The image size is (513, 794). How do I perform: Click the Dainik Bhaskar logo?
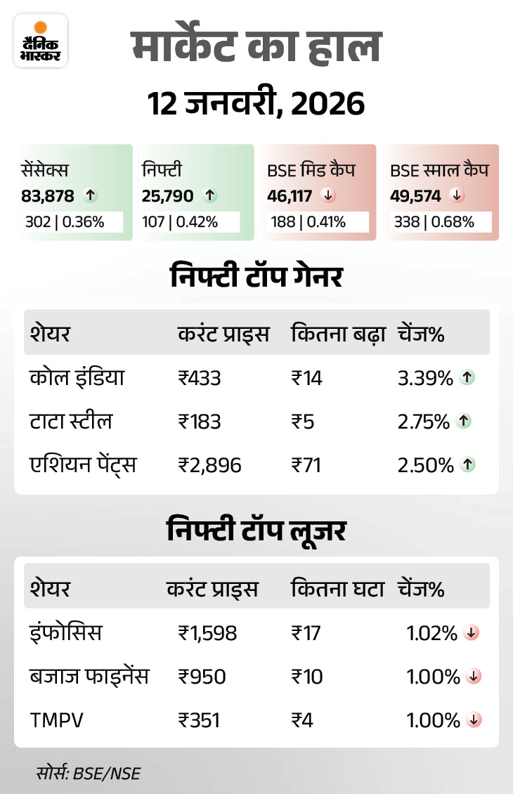(41, 41)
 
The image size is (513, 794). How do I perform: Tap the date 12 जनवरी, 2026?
(256, 104)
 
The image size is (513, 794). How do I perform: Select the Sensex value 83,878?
(48, 196)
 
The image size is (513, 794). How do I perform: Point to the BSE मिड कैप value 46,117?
(290, 196)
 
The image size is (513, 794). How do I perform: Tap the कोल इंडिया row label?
(77, 378)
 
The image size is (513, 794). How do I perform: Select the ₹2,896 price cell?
(209, 464)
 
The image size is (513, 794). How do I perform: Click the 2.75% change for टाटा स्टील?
(424, 422)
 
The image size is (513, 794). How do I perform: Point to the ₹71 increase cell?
(306, 464)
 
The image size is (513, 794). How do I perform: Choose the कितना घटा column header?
(337, 589)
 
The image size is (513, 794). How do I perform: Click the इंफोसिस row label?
(66, 633)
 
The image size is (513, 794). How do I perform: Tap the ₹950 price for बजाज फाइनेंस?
(202, 677)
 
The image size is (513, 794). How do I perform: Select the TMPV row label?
(53, 720)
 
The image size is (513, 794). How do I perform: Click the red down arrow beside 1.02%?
(472, 633)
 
